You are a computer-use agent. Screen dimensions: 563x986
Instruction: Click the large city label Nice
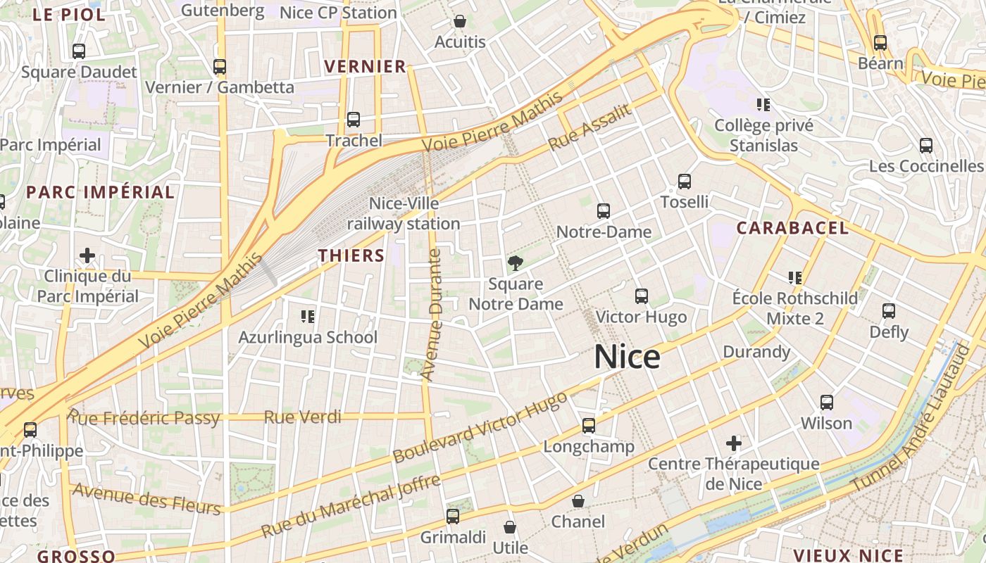(627, 357)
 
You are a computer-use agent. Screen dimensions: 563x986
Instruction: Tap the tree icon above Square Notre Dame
(516, 264)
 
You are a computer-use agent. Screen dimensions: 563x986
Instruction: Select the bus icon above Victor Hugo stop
(641, 296)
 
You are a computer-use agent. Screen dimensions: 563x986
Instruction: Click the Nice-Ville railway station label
(404, 214)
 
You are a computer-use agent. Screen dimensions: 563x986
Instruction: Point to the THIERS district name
(351, 255)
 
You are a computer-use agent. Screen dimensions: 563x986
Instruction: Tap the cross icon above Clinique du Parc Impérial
(87, 255)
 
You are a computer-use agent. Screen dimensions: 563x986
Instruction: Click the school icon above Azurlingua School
(307, 317)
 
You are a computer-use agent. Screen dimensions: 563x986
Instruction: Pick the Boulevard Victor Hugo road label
(480, 427)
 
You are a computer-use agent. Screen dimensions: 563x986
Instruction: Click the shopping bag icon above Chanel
(578, 501)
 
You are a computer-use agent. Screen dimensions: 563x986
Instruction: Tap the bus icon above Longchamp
(589, 426)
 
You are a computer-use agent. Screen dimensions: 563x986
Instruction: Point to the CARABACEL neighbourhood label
(792, 228)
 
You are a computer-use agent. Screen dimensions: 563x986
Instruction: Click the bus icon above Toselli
(684, 182)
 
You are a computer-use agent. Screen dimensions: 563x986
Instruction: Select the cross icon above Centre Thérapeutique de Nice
(734, 443)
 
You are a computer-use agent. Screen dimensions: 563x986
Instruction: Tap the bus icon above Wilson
(826, 403)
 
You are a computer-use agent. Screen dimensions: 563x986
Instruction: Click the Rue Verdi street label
(303, 417)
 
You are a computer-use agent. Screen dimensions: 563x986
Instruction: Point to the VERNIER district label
(365, 67)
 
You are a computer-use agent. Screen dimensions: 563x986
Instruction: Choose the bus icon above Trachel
(354, 120)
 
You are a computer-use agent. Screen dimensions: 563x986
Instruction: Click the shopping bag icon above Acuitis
(460, 22)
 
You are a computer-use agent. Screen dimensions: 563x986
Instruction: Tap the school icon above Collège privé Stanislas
(763, 105)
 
